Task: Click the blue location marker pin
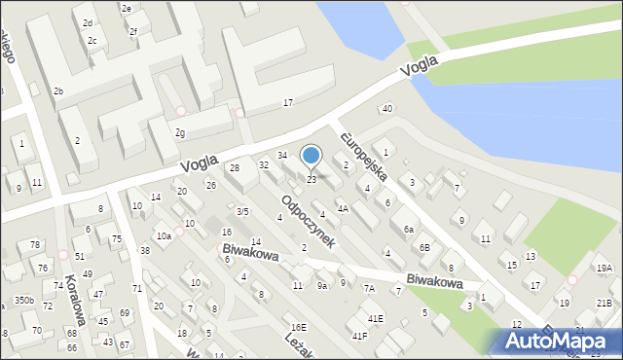pyautogui.click(x=311, y=155)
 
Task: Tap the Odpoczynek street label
pyautogui.click(x=309, y=222)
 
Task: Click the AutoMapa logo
pyautogui.click(x=559, y=341)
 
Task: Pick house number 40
pyautogui.click(x=387, y=108)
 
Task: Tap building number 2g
pyautogui.click(x=179, y=132)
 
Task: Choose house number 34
pyautogui.click(x=282, y=155)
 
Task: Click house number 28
pyautogui.click(x=234, y=168)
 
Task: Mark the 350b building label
pyautogui.click(x=23, y=301)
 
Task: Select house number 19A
pyautogui.click(x=605, y=268)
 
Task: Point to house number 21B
pyautogui.click(x=605, y=303)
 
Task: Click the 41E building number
pyautogui.click(x=375, y=318)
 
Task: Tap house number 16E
pyautogui.click(x=298, y=327)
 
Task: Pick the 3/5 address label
pyautogui.click(x=243, y=211)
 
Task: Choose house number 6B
pyautogui.click(x=424, y=247)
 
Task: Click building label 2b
pyautogui.click(x=58, y=91)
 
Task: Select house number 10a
pyautogui.click(x=164, y=235)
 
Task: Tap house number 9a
pyautogui.click(x=322, y=285)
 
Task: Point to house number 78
pyautogui.click(x=35, y=244)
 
